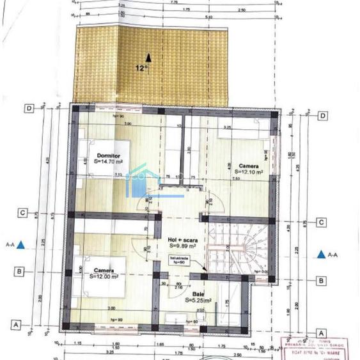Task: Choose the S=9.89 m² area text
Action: point(184,245)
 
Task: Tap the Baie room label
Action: point(199,293)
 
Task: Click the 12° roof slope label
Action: point(141,67)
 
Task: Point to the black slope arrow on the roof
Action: point(148,58)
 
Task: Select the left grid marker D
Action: point(29,108)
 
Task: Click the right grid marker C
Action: point(322,223)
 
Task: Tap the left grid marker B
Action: point(20,272)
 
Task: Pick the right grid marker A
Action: point(322,333)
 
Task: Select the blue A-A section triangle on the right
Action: point(321,254)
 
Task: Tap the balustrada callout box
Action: point(179,260)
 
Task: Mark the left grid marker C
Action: point(22,214)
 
